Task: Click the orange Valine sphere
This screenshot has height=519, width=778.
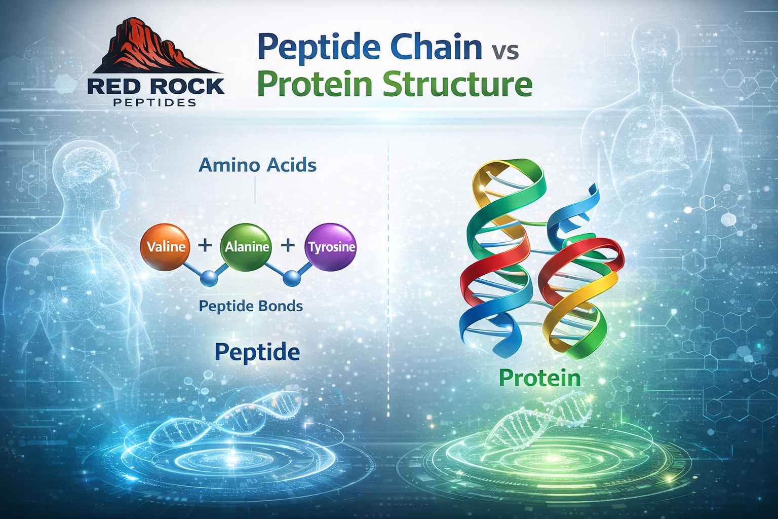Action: click(165, 247)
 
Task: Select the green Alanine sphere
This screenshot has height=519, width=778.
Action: click(247, 247)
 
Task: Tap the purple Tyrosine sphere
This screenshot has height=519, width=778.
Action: click(331, 247)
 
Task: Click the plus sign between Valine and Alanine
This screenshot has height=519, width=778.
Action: click(205, 246)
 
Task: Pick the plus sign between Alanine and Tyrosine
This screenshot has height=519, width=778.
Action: click(288, 246)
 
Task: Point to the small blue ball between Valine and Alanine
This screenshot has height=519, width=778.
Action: click(209, 278)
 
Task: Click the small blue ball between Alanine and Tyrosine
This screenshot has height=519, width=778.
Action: click(292, 277)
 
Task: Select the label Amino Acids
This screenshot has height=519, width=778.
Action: click(257, 165)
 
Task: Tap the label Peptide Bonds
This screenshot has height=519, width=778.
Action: click(251, 306)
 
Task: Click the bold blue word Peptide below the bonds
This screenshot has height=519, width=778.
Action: click(257, 352)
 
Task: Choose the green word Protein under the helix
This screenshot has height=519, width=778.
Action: click(539, 378)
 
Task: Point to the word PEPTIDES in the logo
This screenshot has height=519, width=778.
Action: click(155, 103)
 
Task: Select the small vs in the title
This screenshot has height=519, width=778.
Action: click(504, 52)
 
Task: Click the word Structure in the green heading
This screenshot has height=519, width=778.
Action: click(457, 85)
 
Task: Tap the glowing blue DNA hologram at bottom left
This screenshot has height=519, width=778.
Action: click(238, 421)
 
